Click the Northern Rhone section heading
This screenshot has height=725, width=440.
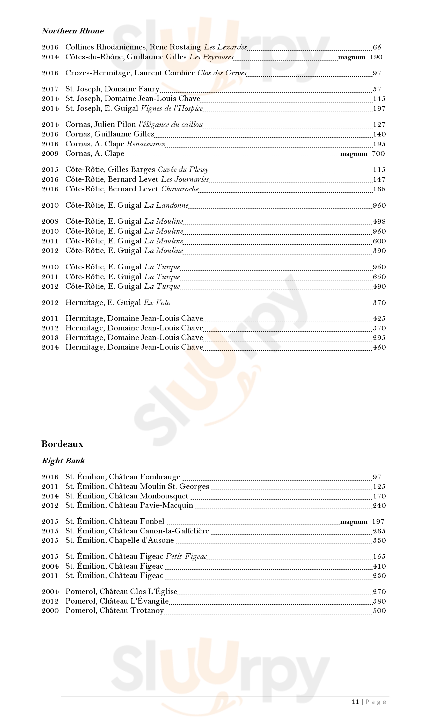click(x=73, y=31)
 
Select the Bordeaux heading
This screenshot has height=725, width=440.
click(x=62, y=444)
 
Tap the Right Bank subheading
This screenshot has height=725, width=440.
click(x=63, y=461)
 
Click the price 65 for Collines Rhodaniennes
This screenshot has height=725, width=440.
click(x=377, y=47)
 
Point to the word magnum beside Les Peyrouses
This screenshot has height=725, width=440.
click(x=351, y=57)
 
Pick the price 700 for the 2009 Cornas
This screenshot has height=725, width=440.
click(x=378, y=154)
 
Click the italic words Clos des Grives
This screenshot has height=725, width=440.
click(x=222, y=73)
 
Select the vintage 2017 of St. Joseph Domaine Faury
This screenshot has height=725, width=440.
click(x=50, y=89)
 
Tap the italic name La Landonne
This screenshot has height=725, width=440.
click(x=166, y=205)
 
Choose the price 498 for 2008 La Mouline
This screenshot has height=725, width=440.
click(x=379, y=222)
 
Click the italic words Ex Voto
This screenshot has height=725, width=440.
click(x=157, y=303)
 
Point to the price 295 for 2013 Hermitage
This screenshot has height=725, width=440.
click(x=379, y=338)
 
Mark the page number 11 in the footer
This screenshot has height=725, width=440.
click(x=355, y=702)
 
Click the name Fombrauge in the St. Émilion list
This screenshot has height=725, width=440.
click(x=160, y=477)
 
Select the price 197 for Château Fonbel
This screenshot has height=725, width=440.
click(x=378, y=522)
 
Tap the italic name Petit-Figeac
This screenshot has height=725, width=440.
click(x=186, y=556)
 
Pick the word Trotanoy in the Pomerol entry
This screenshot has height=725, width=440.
click(x=147, y=611)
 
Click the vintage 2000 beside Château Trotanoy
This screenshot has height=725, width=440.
click(x=50, y=611)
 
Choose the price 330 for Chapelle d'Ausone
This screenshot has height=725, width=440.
click(x=379, y=541)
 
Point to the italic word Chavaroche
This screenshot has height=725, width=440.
click(x=180, y=189)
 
